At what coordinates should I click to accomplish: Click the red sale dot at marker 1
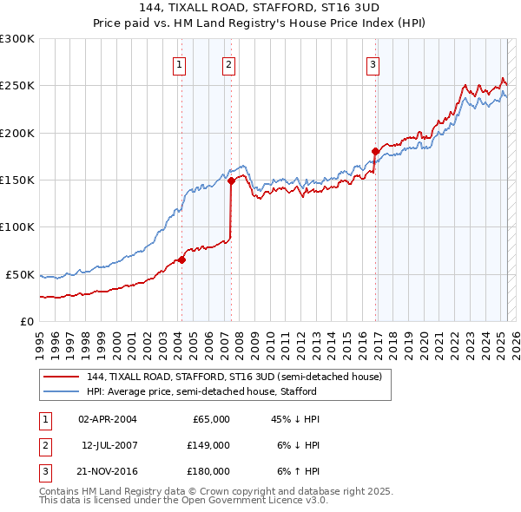pos(181,259)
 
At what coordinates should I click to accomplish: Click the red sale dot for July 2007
pos(232,181)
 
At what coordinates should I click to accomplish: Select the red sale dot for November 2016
pos(376,152)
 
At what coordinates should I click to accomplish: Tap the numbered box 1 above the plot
pos(178,63)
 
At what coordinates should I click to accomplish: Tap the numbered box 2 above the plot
pos(228,63)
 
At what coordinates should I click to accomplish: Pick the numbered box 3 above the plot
pos(373,63)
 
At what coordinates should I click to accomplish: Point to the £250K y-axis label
pos(16,86)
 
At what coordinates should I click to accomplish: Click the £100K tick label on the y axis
pos(16,227)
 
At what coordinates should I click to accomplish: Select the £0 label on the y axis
pos(24,321)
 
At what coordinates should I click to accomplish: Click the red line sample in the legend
pos(61,377)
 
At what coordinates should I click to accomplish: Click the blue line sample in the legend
pos(61,391)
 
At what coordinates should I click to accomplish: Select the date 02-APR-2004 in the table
pos(108,419)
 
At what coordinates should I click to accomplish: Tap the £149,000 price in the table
pos(208,445)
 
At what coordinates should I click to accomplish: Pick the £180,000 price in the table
pos(208,471)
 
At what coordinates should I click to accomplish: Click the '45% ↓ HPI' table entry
pos(295,419)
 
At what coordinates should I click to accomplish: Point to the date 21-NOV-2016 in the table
pos(108,471)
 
